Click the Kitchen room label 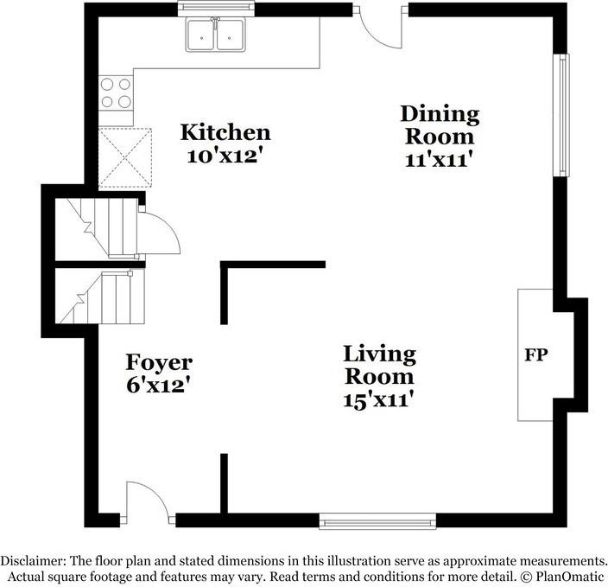coord(225,132)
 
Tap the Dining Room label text coord(439,124)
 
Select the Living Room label coord(379,365)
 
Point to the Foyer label coord(159,361)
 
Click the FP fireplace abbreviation coord(537,354)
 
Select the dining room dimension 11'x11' coord(439,159)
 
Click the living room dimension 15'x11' coord(379,399)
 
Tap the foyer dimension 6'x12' coord(159,384)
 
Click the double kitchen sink coord(216,35)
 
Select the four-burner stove coord(117,92)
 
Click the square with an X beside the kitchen coord(124,158)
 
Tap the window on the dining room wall coord(562,117)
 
